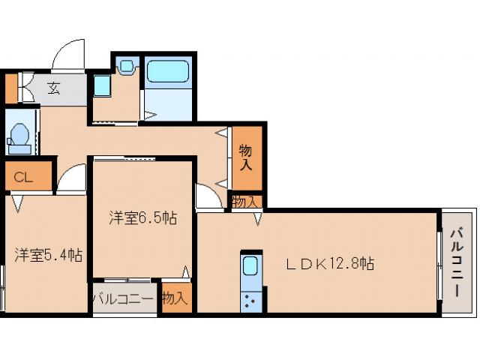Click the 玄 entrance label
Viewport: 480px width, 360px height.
tap(53, 88)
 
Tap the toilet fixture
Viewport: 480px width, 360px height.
tap(19, 139)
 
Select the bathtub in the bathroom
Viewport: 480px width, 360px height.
tap(167, 71)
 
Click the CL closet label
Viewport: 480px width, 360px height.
tap(23, 177)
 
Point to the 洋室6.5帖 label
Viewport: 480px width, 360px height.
tap(143, 218)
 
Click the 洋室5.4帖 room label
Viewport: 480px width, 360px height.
tap(48, 255)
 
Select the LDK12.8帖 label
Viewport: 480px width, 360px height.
tap(330, 263)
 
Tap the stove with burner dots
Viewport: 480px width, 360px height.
tap(251, 301)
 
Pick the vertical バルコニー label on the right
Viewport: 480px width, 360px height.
tap(457, 262)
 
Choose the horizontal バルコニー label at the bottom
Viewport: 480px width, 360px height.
tap(123, 298)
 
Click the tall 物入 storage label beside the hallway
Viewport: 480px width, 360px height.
tap(246, 157)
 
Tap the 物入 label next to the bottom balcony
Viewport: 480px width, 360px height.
tap(175, 298)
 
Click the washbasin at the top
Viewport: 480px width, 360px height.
tap(127, 66)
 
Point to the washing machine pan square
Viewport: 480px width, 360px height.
tap(102, 85)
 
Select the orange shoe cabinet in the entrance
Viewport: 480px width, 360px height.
tap(11, 88)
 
